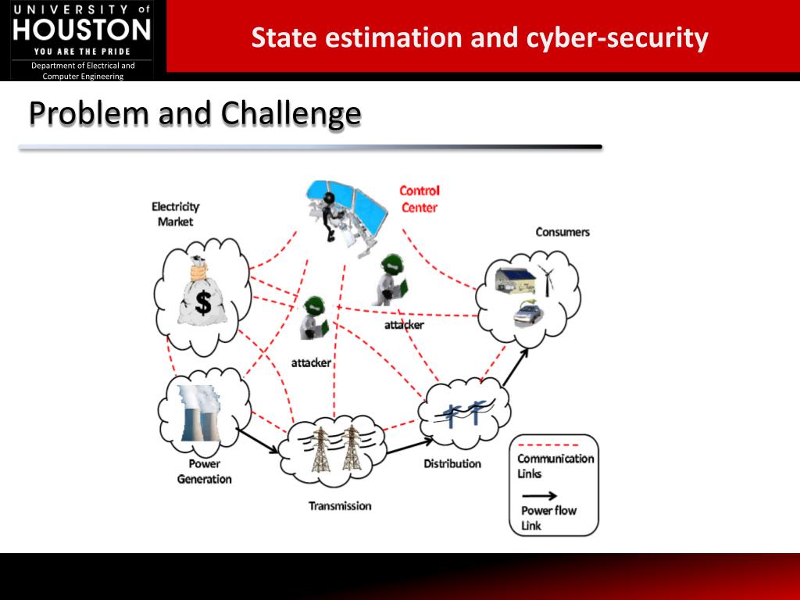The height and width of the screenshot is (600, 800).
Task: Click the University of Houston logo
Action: tap(82, 30)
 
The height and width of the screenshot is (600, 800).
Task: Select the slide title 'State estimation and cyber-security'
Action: tap(480, 37)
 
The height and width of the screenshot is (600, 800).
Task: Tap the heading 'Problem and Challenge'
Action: tap(195, 114)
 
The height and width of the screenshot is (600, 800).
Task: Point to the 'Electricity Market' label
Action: tap(175, 213)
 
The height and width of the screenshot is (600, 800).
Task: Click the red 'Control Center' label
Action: tap(420, 198)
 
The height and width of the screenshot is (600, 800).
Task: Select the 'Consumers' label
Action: tap(562, 232)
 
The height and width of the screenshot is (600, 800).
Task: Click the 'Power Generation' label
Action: tap(204, 471)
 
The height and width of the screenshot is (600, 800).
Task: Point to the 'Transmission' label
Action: tap(340, 505)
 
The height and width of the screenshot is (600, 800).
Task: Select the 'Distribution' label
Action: tap(452, 463)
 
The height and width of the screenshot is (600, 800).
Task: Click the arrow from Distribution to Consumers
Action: tap(516, 367)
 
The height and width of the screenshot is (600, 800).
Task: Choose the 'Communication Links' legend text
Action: tap(555, 466)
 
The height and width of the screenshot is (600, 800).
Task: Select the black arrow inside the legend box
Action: tap(539, 495)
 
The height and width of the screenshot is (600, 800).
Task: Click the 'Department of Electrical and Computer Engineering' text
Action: tap(83, 71)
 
